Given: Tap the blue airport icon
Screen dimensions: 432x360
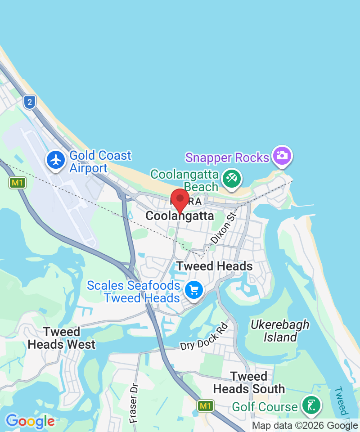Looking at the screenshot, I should click(56, 160).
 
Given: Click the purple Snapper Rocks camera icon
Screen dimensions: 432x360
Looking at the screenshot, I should click(283, 156).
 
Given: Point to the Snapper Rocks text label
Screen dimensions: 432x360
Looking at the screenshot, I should click(227, 157).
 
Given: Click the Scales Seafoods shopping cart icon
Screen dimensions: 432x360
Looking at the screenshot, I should click(194, 289).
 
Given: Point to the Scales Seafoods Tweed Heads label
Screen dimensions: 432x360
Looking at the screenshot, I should click(134, 292).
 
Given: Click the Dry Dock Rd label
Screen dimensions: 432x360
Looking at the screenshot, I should click(204, 337).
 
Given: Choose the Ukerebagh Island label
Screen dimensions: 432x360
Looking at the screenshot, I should click(280, 331).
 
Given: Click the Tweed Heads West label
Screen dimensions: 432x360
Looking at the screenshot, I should click(62, 338).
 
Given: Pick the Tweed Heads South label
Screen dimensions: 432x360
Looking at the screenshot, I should click(249, 382).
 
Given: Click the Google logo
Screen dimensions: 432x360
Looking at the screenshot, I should click(30, 422).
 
